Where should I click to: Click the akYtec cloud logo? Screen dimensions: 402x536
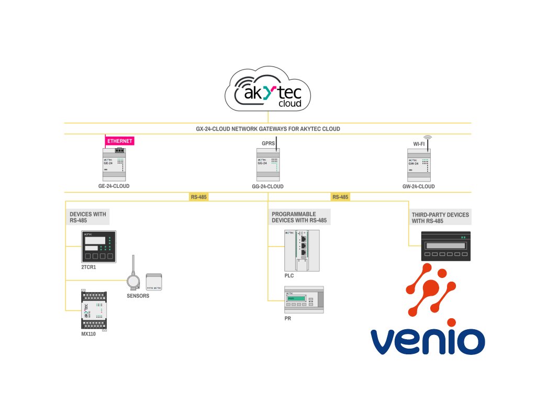[x=267, y=93]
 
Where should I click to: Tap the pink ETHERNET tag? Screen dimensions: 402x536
[x=120, y=141]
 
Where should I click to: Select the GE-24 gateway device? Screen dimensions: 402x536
[x=115, y=164]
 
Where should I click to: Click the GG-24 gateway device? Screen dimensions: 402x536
[x=268, y=164]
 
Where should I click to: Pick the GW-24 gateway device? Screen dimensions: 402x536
[x=419, y=164]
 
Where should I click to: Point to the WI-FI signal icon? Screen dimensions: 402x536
[x=428, y=139]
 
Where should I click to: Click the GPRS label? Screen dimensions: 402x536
[x=268, y=142]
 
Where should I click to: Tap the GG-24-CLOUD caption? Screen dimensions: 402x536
[x=267, y=186]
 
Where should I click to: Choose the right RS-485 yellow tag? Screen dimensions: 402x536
[x=340, y=197]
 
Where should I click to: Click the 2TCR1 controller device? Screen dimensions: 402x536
[x=98, y=246]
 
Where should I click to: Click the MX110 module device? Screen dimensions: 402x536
[x=95, y=309]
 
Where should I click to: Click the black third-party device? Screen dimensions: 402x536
[x=446, y=245]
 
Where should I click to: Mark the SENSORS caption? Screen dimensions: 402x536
[x=138, y=296]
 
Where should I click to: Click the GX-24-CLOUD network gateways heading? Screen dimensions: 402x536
[x=267, y=129]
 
